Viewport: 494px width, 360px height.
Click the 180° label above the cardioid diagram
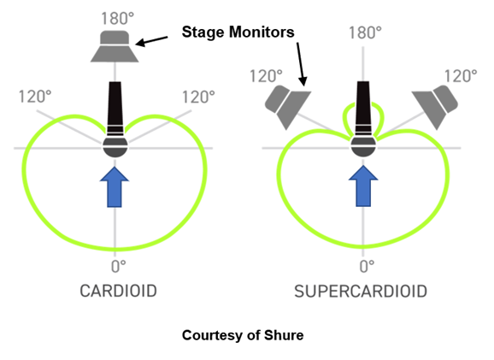(x=117, y=19)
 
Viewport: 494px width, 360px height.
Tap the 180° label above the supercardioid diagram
(x=365, y=32)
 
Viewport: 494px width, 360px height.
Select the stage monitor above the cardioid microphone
(x=115, y=46)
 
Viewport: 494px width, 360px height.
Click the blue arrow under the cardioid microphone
(x=115, y=187)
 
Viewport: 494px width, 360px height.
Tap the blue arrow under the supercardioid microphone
(x=363, y=186)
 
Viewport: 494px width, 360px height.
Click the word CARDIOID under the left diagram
(x=119, y=291)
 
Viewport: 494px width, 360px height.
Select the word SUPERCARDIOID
(x=361, y=292)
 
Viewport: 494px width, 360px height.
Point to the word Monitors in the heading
(x=262, y=32)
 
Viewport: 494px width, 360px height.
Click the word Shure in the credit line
(x=284, y=335)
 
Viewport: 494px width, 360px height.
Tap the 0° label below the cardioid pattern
(x=119, y=267)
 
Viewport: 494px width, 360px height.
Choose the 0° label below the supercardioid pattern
(x=367, y=267)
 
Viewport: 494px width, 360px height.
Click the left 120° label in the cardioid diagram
(x=35, y=97)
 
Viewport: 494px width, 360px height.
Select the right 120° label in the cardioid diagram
(x=198, y=97)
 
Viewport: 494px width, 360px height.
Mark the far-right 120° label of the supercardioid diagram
(x=461, y=76)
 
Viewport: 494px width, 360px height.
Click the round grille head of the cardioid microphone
(x=115, y=146)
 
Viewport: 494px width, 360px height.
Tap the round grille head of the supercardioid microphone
(x=363, y=145)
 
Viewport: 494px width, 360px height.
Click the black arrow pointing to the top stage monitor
(x=151, y=41)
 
